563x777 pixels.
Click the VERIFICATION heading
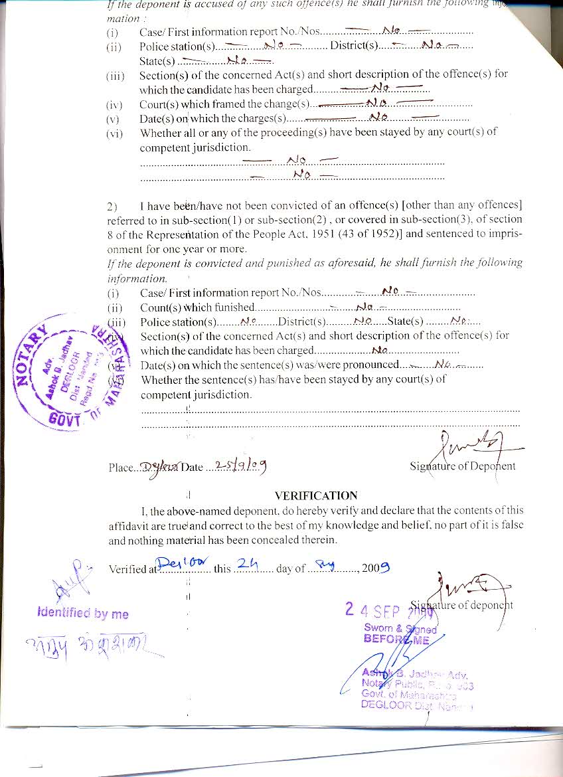point(315,495)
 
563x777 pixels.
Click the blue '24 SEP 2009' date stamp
point(388,609)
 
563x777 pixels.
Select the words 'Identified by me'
point(83,614)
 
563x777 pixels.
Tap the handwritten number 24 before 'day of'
point(246,564)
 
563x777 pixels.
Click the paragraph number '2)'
point(112,205)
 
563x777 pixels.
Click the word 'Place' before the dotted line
point(121,468)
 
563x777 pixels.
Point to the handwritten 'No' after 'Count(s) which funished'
point(364,306)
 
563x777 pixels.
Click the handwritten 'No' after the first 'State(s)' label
point(236,60)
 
